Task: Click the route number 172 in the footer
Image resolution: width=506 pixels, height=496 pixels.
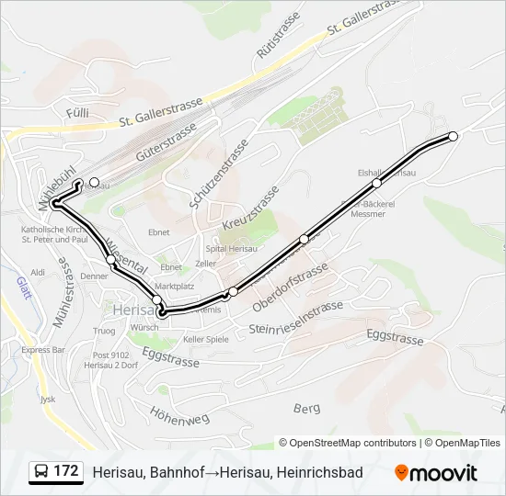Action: pyautogui.click(x=65, y=471)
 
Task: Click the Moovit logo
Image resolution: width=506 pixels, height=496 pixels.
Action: pyautogui.click(x=436, y=473)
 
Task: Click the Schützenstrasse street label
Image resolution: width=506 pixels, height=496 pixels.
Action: pyautogui.click(x=219, y=174)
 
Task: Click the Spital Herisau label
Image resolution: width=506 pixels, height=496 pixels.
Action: pyautogui.click(x=204, y=248)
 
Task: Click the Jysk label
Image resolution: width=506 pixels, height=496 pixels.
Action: pyautogui.click(x=48, y=400)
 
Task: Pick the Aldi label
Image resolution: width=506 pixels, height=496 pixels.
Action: pyautogui.click(x=38, y=273)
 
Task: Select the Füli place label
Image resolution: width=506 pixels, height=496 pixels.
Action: pyautogui.click(x=75, y=111)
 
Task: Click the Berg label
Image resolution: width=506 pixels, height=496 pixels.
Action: pyautogui.click(x=305, y=407)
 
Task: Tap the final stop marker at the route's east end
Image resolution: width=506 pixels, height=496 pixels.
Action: pyautogui.click(x=453, y=136)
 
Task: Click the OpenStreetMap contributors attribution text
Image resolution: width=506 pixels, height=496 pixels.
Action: pyautogui.click(x=348, y=443)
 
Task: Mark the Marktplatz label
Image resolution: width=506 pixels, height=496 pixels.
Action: pyautogui.click(x=174, y=287)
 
